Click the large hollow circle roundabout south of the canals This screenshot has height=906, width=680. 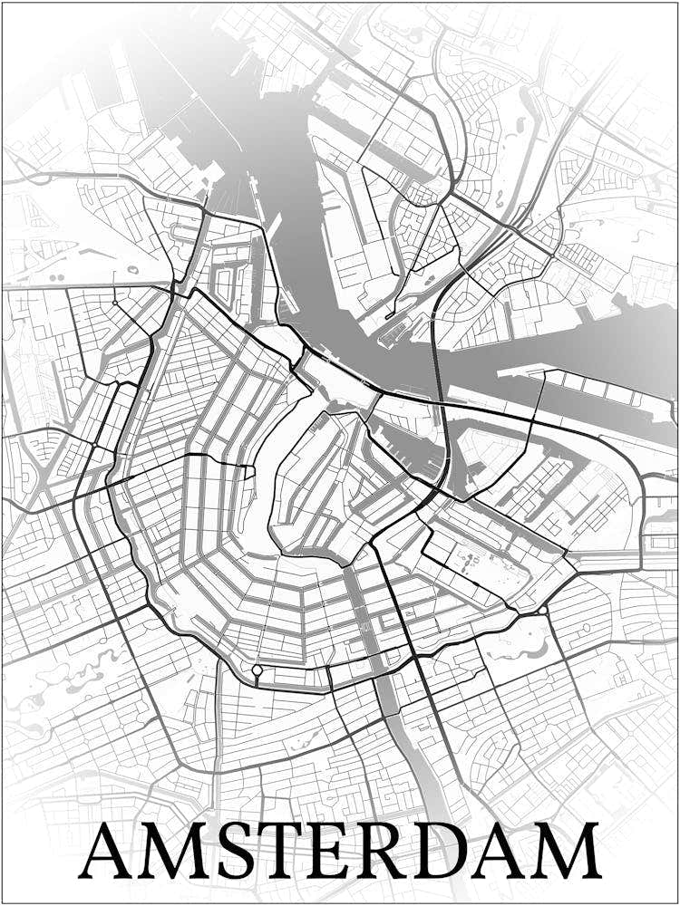pyautogui.click(x=257, y=671)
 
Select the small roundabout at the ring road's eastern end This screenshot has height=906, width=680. pyautogui.click(x=543, y=612)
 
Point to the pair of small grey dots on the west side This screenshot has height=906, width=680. pyautogui.click(x=56, y=276)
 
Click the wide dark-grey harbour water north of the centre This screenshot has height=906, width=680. pyautogui.click(x=299, y=181)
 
